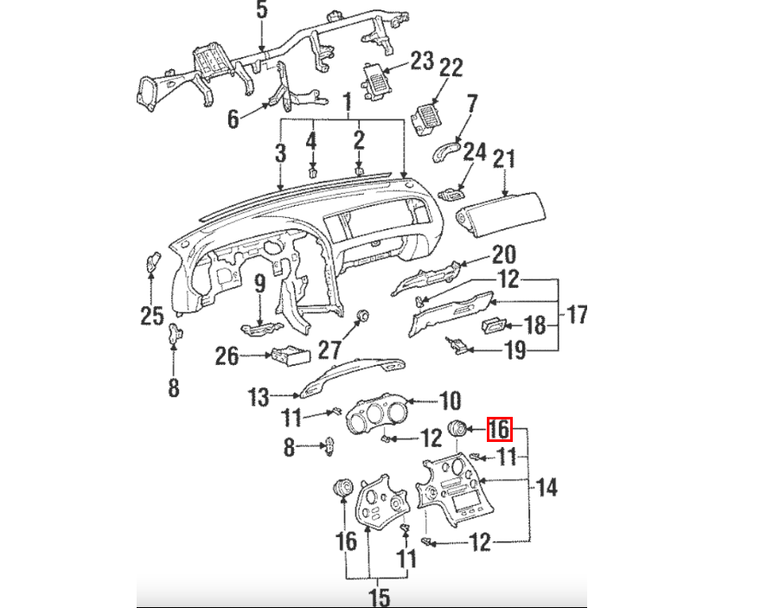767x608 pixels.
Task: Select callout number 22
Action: click(x=451, y=67)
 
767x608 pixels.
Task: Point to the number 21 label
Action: click(x=504, y=159)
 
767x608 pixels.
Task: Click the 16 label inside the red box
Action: click(x=500, y=429)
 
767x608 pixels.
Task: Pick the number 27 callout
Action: click(x=329, y=350)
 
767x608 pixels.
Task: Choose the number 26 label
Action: click(x=227, y=355)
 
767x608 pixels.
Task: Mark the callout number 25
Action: click(x=152, y=317)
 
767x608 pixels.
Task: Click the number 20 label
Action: click(x=503, y=255)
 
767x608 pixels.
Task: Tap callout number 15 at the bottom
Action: click(x=379, y=596)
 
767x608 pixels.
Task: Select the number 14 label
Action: click(x=546, y=488)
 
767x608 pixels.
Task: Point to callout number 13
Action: click(x=259, y=397)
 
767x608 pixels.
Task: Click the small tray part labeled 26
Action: click(x=287, y=355)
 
